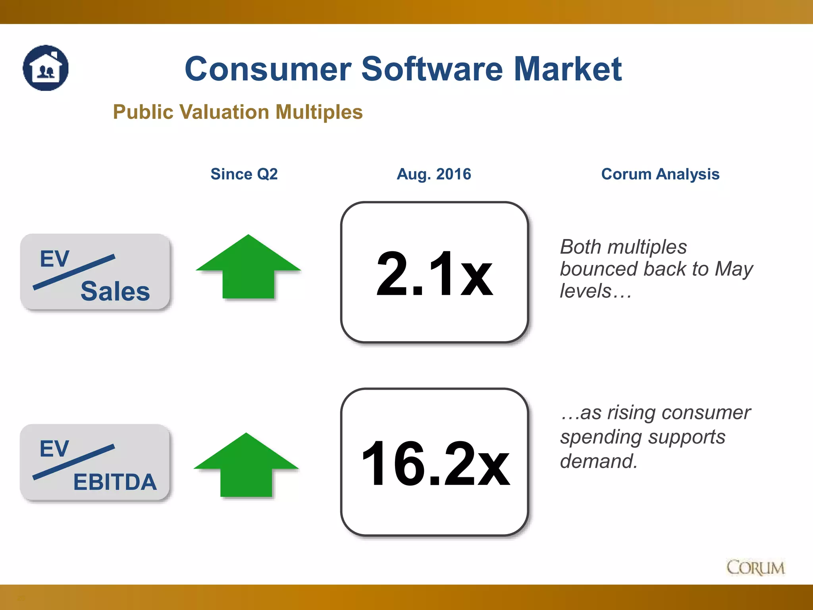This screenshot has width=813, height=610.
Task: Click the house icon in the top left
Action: coord(46,68)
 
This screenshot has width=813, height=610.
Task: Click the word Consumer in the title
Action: coord(268,69)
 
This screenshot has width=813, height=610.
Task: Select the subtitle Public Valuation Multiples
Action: coord(238,112)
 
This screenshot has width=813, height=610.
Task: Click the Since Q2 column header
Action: coord(244,174)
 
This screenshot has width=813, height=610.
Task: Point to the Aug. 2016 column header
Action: coord(434,174)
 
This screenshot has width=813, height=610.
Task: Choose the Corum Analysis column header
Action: coord(660,174)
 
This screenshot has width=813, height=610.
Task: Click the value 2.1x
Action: coord(434,274)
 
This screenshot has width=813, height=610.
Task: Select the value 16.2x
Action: coord(435,463)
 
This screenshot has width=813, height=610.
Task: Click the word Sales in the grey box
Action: coord(115,291)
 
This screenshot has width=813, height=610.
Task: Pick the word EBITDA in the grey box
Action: coord(115,482)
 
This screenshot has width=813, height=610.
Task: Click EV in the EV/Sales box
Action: coord(54,259)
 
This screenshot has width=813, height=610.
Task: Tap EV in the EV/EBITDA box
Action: coord(54,449)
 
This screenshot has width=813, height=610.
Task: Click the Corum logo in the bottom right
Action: coord(755,568)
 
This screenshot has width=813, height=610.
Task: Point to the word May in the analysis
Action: coord(734,269)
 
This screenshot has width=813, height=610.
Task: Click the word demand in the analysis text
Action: coord(598,461)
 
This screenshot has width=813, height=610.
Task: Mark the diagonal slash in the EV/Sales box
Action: coord(74,272)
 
